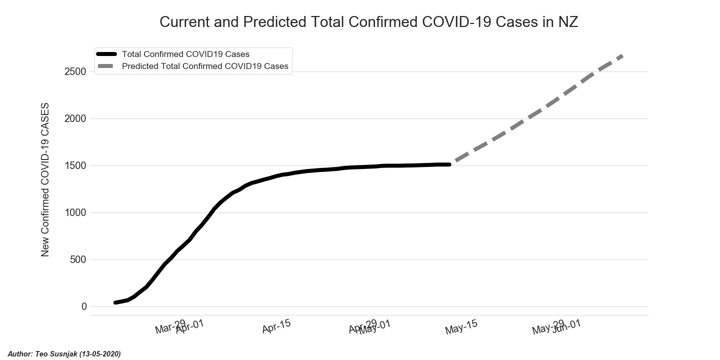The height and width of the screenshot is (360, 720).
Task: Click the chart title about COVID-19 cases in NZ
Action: pyautogui.click(x=368, y=22)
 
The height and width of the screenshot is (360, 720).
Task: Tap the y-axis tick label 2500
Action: pyautogui.click(x=75, y=71)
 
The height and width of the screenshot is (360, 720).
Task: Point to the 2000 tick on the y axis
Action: pyautogui.click(x=75, y=118)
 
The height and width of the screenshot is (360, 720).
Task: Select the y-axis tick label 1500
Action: pyautogui.click(x=75, y=165)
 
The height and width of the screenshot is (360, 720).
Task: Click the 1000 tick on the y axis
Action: pyautogui.click(x=75, y=212)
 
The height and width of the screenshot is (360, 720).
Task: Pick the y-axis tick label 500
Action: pyautogui.click(x=77, y=259)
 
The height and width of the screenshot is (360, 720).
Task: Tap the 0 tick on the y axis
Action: pyautogui.click(x=84, y=306)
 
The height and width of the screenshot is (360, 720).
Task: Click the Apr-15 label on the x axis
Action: pyautogui.click(x=276, y=327)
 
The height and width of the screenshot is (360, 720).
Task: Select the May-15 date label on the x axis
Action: pyautogui.click(x=461, y=327)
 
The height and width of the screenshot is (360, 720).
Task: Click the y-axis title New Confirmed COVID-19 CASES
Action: pyautogui.click(x=45, y=180)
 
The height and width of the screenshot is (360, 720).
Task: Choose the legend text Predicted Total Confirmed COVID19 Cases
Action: pyautogui.click(x=205, y=66)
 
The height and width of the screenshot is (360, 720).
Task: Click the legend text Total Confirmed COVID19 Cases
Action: pyautogui.click(x=185, y=54)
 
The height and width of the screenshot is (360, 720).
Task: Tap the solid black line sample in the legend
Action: pyautogui.click(x=106, y=54)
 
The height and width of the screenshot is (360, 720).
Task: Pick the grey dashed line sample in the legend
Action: pyautogui.click(x=106, y=66)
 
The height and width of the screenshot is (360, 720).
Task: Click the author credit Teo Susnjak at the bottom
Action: pyautogui.click(x=64, y=354)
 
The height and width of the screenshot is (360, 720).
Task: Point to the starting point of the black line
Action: pyautogui.click(x=115, y=302)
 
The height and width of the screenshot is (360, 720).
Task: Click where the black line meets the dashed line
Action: pyautogui.click(x=450, y=164)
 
